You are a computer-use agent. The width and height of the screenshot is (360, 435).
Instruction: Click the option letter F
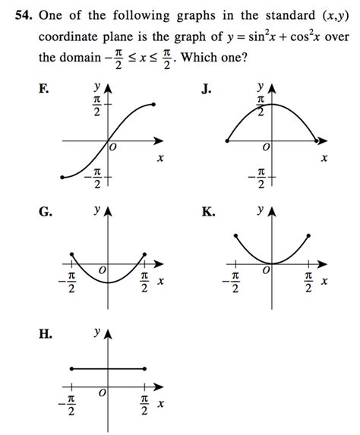(x=45, y=90)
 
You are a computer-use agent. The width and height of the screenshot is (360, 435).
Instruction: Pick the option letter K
(x=207, y=213)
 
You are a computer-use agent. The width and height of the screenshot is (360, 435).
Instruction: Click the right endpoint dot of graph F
(x=155, y=103)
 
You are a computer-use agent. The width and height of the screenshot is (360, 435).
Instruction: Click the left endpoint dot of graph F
(x=62, y=178)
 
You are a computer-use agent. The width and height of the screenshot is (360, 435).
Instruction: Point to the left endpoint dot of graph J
(x=226, y=140)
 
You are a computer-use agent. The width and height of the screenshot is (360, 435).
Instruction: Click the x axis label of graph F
(x=160, y=158)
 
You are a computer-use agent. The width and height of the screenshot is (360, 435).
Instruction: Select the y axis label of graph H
(x=96, y=333)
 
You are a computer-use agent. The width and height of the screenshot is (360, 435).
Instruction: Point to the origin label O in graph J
(x=265, y=146)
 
